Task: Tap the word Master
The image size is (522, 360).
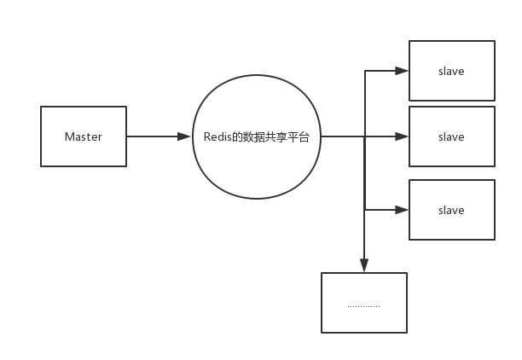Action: [84, 136]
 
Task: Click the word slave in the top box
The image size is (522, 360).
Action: [451, 72]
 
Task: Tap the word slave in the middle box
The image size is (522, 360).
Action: [451, 136]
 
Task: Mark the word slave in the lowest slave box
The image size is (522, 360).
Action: [451, 210]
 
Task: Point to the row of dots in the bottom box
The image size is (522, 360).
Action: [364, 305]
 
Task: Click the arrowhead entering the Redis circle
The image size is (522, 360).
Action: [187, 136]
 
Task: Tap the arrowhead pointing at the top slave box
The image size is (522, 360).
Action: [403, 72]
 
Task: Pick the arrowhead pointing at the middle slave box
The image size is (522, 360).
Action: [403, 136]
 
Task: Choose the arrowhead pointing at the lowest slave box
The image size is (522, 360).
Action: [403, 210]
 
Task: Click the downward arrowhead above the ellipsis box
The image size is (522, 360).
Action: [364, 266]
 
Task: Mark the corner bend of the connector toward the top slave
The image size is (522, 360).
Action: [364, 72]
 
